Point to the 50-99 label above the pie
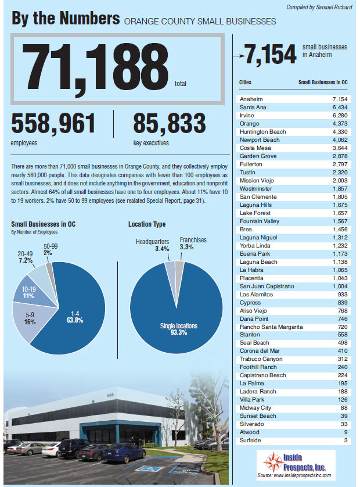pos(51,246)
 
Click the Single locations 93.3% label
pos(175,329)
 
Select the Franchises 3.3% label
pos(193,243)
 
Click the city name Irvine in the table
pos(247,116)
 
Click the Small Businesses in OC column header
pos(322,83)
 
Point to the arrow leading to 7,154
pos(237,55)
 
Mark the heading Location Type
pos(146,224)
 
